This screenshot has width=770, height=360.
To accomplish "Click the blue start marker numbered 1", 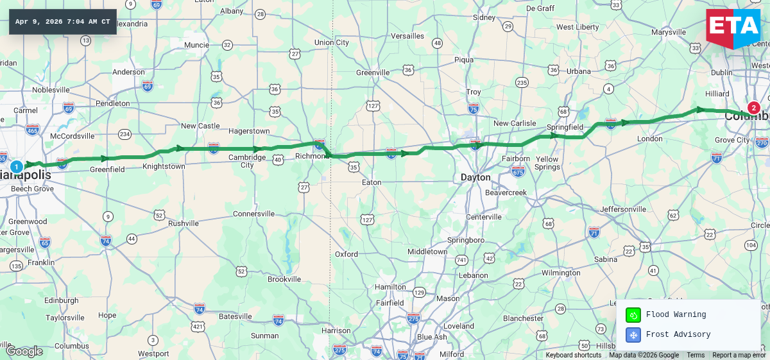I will click(x=17, y=166).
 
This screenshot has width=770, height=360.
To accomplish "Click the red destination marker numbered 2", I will click(x=753, y=108).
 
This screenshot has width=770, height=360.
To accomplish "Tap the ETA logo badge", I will click(x=733, y=28).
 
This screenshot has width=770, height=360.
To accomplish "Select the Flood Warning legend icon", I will click(x=633, y=314).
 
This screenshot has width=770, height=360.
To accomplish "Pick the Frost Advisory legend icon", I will click(x=633, y=334).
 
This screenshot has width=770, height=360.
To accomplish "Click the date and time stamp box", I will click(x=62, y=22).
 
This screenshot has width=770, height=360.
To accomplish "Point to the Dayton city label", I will click(x=475, y=177).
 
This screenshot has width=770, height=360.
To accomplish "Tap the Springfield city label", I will click(x=565, y=127).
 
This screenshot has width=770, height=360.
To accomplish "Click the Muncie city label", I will click(x=196, y=45).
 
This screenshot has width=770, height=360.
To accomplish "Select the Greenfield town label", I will click(x=107, y=169).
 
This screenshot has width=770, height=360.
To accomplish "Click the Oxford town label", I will click(x=346, y=254).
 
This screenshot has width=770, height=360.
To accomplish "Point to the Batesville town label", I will click(x=235, y=316).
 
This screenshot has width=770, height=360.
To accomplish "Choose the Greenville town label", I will click(x=373, y=73).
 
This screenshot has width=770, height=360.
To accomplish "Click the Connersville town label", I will click(x=253, y=214).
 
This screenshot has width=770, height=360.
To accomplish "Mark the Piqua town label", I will click(x=463, y=60).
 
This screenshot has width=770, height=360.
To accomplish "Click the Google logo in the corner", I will click(x=24, y=351).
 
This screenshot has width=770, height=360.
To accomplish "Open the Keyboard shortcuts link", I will click(x=574, y=355).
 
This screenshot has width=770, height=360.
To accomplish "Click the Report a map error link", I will click(x=739, y=355).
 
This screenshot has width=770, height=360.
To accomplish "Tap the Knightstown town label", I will click(x=164, y=166).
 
